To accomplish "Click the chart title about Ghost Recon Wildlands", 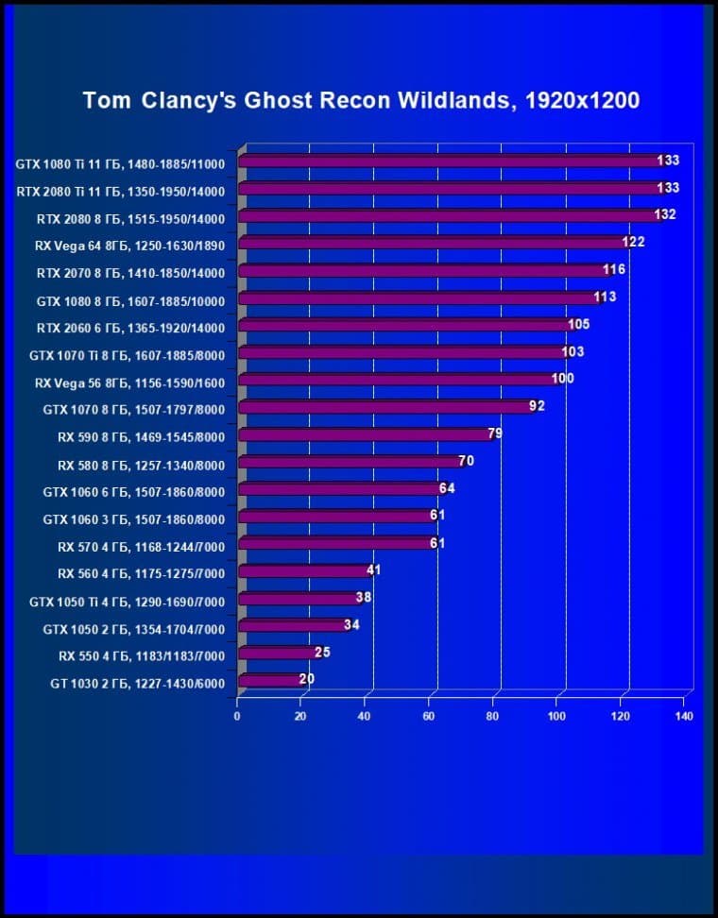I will [x=361, y=100].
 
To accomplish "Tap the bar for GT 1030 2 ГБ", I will [x=269, y=680].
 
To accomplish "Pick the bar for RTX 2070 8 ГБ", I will [x=420, y=271].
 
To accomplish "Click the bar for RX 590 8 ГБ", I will [x=364, y=435].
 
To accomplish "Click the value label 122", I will [x=633, y=243].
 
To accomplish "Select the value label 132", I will [x=665, y=215].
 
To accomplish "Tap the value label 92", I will [x=537, y=407].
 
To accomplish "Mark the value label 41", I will [x=373, y=571].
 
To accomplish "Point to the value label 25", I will [x=322, y=653].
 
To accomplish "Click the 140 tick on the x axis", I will [x=685, y=716].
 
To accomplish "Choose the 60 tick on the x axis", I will [x=430, y=716].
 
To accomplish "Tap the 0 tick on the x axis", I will [x=237, y=716].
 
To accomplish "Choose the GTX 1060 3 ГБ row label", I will [x=133, y=518].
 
